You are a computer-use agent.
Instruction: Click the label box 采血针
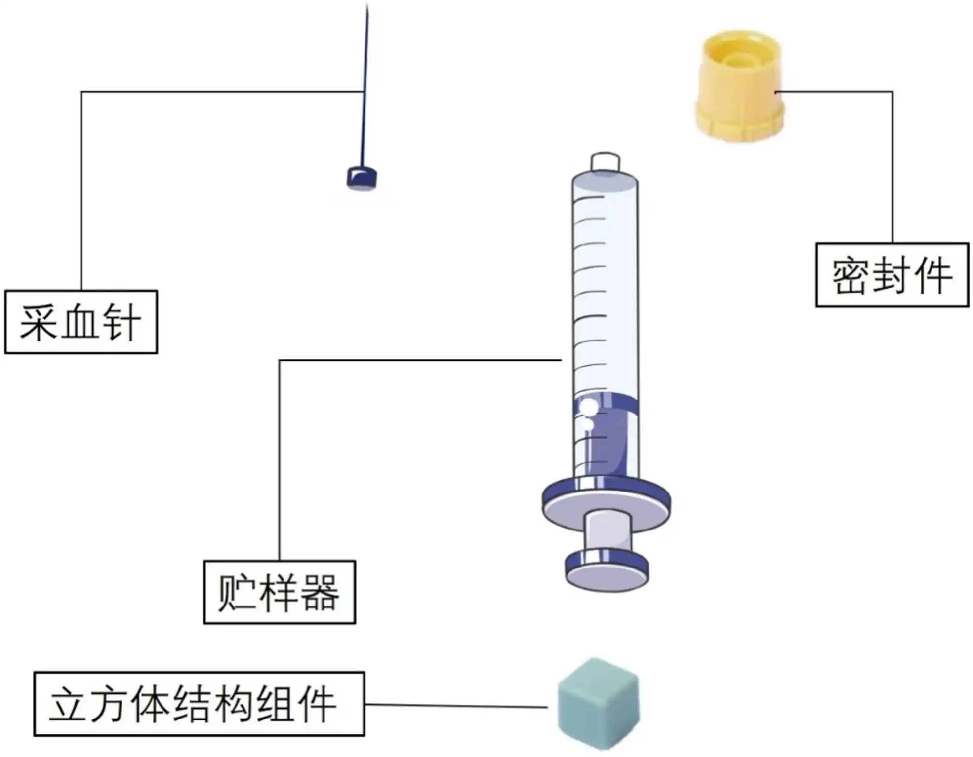[81, 322]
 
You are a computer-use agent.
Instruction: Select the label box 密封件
[892, 275]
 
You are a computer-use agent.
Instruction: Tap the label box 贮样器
[280, 592]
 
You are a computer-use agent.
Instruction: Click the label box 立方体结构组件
[199, 704]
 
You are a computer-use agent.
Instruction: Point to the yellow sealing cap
[739, 74]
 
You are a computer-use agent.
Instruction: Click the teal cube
[598, 703]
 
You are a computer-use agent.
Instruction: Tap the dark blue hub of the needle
[362, 179]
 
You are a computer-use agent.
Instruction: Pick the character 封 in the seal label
[892, 275]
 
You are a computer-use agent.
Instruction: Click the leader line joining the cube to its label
[454, 705]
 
